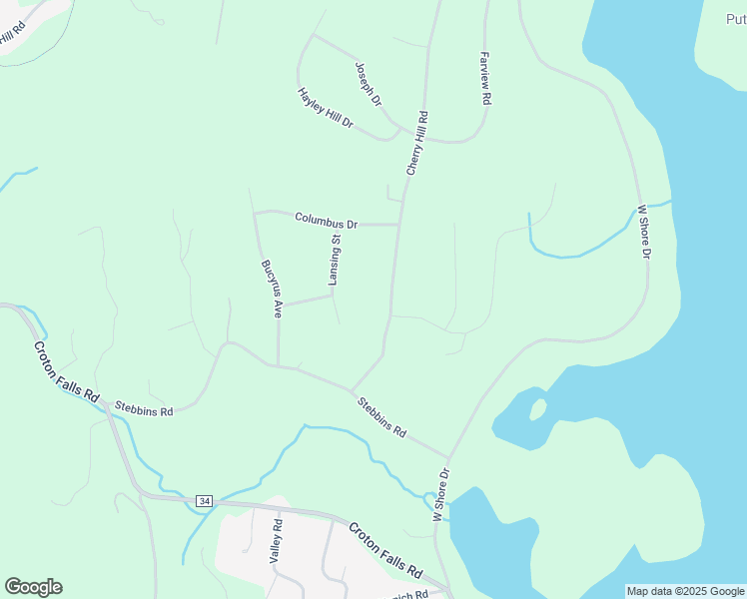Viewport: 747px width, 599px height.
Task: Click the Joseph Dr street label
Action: [x=369, y=84]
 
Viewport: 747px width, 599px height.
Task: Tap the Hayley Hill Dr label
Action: [x=326, y=108]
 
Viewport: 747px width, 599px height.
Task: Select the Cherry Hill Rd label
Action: [x=416, y=144]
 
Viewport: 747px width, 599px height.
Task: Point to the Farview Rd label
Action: [x=485, y=79]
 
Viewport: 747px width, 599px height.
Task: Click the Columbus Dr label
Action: [x=326, y=220]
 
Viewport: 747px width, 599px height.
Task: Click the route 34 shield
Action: [x=205, y=500]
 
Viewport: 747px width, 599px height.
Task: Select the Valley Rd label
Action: [x=276, y=542]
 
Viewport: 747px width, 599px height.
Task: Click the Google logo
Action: [x=33, y=587]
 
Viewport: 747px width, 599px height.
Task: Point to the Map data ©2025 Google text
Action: [x=685, y=591]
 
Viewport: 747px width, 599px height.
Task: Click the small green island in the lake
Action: [x=537, y=409]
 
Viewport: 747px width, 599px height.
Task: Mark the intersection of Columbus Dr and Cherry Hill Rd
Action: [x=399, y=225]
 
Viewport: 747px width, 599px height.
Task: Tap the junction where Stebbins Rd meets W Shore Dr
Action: [x=446, y=458]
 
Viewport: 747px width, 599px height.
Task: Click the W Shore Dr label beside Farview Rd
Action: [x=644, y=233]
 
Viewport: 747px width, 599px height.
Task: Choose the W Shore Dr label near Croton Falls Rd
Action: [x=440, y=494]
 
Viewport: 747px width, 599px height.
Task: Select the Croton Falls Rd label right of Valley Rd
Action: [x=384, y=549]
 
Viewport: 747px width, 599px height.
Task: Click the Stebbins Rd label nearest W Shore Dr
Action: [x=383, y=417]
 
